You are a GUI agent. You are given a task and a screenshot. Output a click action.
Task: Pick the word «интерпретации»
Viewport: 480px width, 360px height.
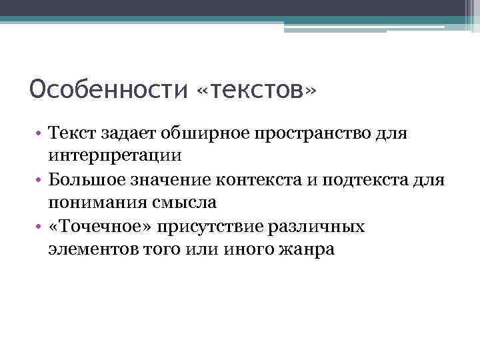pyautogui.click(x=114, y=157)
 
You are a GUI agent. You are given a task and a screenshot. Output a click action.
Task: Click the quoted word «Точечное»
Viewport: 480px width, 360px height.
pyautogui.click(x=99, y=227)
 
